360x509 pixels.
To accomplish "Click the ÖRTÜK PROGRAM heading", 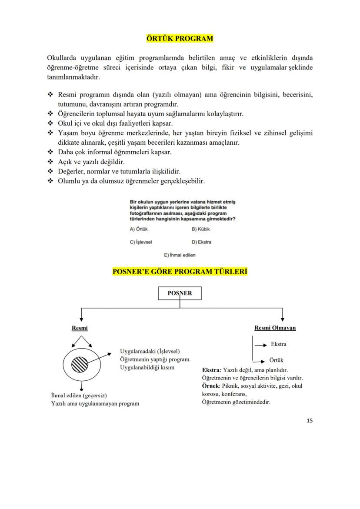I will point(180,39).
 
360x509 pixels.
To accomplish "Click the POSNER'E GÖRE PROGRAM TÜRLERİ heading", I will point(180,272).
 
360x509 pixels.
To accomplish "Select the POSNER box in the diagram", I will point(180,293).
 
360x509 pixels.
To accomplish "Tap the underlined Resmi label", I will point(80,328).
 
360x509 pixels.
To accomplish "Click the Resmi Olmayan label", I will point(275,328).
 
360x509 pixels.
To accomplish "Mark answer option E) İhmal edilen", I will point(180,255).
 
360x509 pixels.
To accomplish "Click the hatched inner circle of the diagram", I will point(79,363).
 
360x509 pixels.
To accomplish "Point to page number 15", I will point(310,420).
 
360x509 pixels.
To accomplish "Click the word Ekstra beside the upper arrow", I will point(278,344).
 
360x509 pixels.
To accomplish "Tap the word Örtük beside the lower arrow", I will point(277,360).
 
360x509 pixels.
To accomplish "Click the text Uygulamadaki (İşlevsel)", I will point(150,351).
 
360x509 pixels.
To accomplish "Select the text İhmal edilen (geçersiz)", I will point(79,395).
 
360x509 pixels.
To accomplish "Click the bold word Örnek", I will point(210,386).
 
